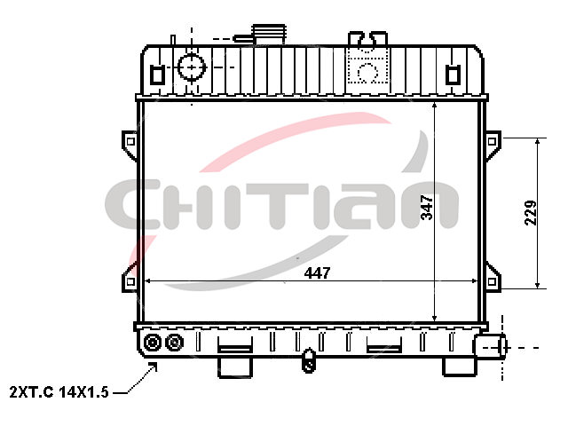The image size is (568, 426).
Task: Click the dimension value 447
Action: click(317, 272)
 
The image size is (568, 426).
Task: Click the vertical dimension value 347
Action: click(427, 207)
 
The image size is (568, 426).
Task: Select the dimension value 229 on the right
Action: click(531, 213)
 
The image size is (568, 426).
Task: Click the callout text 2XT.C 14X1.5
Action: click(59, 392)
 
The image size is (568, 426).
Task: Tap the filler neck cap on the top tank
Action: click(269, 35)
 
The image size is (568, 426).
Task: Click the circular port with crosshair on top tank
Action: click(192, 67)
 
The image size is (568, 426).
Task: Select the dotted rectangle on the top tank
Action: click(368, 65)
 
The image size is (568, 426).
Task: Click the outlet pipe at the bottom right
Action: click(490, 347)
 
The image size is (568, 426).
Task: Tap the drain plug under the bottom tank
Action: click(308, 360)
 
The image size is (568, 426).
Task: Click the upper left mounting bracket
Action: click(130, 144)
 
